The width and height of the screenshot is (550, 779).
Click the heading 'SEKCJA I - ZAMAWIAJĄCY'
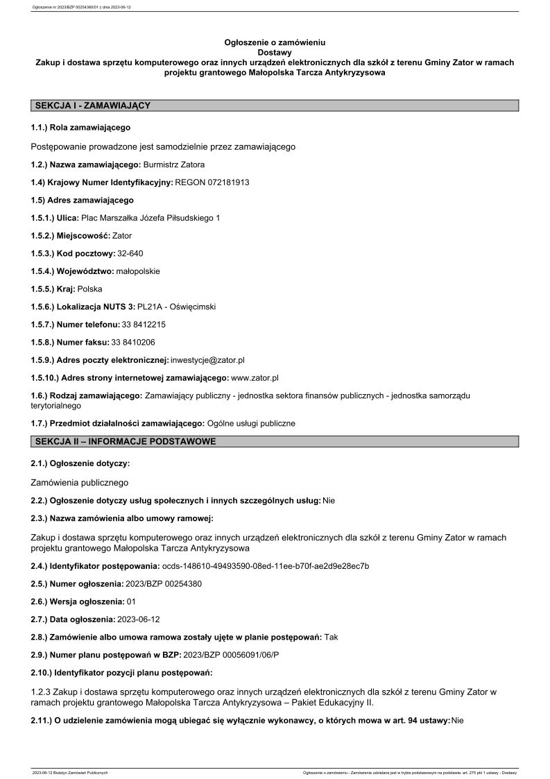tap(92, 105)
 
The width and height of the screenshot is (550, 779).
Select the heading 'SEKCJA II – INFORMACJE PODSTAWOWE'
tap(125, 441)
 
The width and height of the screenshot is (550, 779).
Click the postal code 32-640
tap(131, 253)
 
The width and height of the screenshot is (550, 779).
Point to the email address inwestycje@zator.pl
tap(207, 360)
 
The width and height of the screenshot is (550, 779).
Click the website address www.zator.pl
tap(255, 377)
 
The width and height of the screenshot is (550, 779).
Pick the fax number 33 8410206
tap(132, 342)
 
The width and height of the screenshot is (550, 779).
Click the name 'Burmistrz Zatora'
tap(174, 164)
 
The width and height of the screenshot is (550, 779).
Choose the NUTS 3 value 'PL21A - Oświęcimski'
tap(177, 307)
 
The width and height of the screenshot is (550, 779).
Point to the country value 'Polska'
tap(89, 289)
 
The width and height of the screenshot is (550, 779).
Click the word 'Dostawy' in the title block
tap(275, 52)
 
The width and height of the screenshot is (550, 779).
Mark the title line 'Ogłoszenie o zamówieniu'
tap(275, 42)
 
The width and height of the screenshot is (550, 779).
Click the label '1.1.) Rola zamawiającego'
tap(80, 128)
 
